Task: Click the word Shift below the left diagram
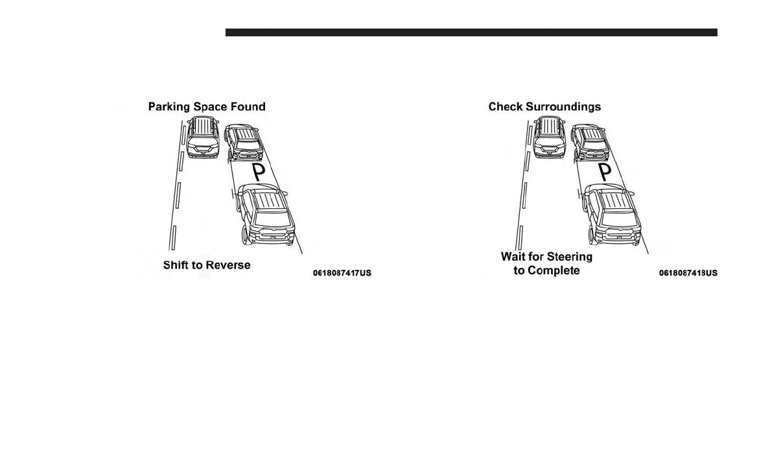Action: point(175,265)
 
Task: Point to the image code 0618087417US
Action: point(342,273)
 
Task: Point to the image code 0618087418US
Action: point(688,273)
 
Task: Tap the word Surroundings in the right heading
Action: point(565,106)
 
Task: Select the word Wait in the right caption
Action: point(513,257)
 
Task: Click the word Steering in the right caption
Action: point(569,257)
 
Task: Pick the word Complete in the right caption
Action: point(554,270)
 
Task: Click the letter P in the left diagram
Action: point(259,172)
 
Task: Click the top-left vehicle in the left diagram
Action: point(203,138)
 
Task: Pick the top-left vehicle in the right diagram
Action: point(550,138)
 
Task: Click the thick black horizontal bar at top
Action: point(471,32)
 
